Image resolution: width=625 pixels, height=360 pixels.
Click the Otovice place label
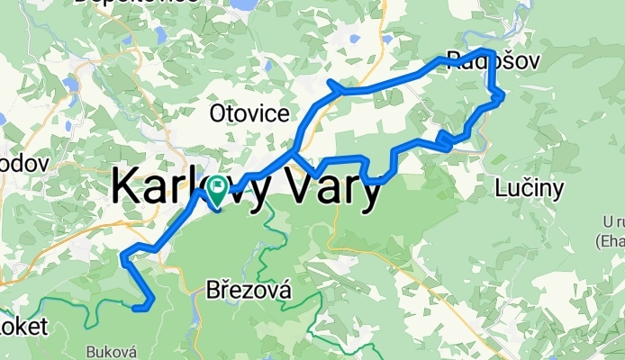249,112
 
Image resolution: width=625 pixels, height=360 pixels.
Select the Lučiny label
530,188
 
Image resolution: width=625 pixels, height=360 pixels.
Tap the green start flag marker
216,191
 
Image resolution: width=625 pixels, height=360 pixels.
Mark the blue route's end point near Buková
135,309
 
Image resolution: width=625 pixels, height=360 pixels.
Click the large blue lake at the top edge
242,5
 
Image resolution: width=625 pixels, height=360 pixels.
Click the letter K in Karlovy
126,187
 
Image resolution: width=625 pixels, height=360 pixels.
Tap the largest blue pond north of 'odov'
70,85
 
